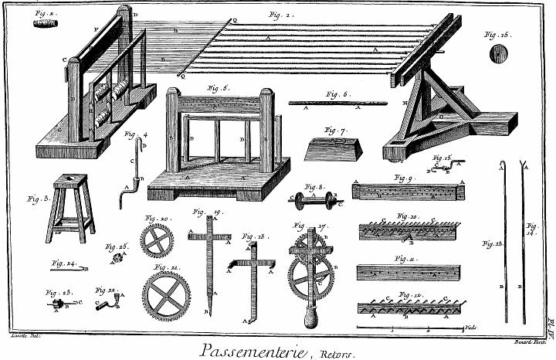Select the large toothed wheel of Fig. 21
pyautogui.click(x=167, y=295)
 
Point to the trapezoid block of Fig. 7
pyautogui.click(x=333, y=148)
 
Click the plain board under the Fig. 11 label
pyautogui.click(x=408, y=273)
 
